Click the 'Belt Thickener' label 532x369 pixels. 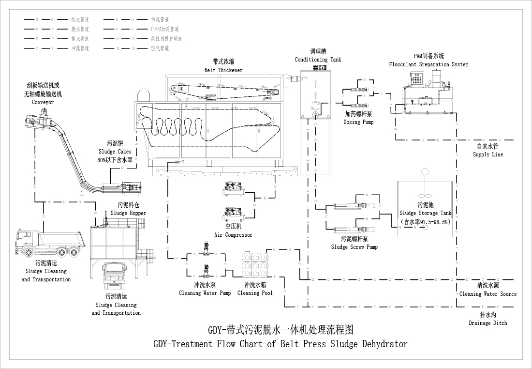pos(223,70)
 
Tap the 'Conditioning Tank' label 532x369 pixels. pos(318,60)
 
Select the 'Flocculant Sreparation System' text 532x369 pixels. pos(429,64)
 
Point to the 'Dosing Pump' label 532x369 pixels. pos(358,122)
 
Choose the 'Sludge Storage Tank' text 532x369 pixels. pos(425,213)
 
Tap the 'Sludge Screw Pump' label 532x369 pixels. pos(354,247)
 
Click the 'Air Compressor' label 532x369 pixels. pos(233,235)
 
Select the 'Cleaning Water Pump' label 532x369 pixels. pos(205,293)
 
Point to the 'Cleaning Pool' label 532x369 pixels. pos(255,293)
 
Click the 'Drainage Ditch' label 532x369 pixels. pos(488,323)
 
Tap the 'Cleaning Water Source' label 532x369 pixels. pos(488,294)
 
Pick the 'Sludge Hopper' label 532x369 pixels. pos(128,213)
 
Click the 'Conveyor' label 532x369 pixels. pos(43,102)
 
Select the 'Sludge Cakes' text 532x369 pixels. pos(115,152)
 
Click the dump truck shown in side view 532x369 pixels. pos(46,243)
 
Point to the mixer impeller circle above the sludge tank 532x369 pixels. pos(425,171)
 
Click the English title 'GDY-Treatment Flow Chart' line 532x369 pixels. pos(280,344)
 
